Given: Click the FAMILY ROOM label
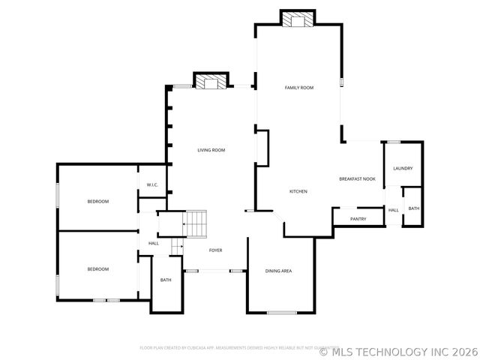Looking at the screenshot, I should [298, 88].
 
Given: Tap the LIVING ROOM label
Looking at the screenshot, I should [211, 150].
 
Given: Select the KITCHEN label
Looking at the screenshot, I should [298, 191].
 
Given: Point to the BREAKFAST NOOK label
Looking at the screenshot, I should [357, 178].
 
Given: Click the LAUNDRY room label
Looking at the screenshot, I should [403, 168].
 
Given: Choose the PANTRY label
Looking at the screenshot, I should [358, 219].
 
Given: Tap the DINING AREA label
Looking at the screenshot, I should [278, 270].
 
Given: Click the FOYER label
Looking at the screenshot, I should [215, 250].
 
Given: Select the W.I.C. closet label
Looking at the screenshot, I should [152, 184].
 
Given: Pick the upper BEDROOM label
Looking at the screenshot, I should [97, 201].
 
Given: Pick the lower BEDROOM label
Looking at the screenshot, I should [97, 268].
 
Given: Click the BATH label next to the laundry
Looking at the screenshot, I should [414, 208].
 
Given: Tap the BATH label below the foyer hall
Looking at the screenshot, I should [166, 280].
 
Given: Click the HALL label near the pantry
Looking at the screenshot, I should [393, 210].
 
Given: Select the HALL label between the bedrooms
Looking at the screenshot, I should [154, 243].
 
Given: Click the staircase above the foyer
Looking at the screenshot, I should [195, 223].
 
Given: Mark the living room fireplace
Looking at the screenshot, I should [211, 81].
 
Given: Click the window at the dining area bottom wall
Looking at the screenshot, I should [282, 312].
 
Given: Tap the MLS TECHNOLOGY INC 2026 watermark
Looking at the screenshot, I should [398, 351].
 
